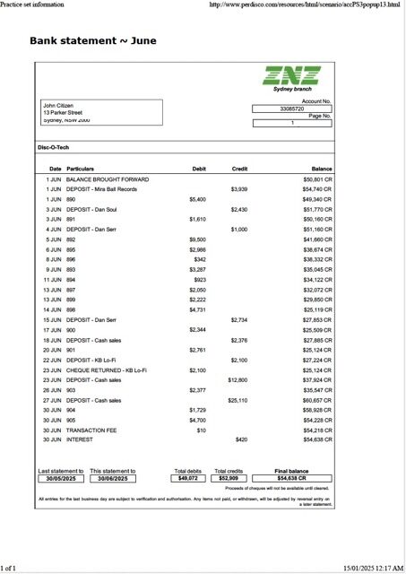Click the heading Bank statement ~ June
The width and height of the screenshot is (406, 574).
pos(86,40)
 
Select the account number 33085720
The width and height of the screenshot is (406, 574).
pos(292,109)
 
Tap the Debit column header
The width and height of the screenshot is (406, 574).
pos(199,169)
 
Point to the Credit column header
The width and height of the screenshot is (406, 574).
pos(239,169)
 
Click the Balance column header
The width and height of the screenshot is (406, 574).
pos(322,169)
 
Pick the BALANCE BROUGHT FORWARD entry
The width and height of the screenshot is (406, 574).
pos(108,179)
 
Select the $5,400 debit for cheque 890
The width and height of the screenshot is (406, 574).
pos(198,199)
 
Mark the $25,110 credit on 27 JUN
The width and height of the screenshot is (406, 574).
pos(238,400)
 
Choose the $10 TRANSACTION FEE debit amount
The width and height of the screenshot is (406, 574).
pos(202,430)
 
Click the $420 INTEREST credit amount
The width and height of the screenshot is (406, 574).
pos(241,439)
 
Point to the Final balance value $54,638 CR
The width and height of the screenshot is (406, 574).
pos(292,478)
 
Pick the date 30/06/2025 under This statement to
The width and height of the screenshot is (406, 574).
pos(113,478)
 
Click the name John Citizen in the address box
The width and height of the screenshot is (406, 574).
pos(59,105)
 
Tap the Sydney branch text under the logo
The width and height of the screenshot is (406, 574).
pos(292,90)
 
